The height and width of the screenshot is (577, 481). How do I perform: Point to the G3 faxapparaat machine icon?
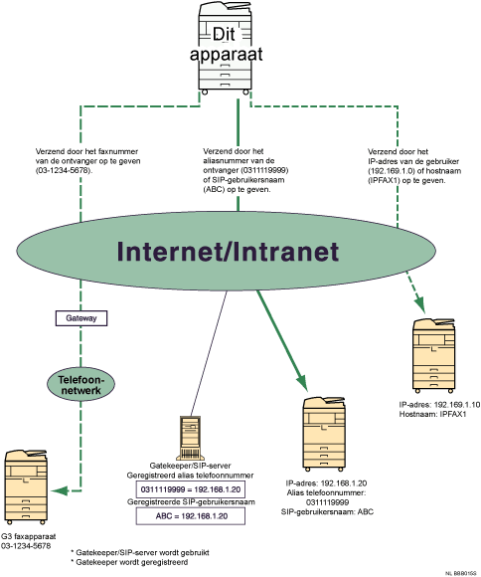[31, 481]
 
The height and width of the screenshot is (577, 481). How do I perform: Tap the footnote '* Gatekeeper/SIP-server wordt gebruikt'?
[143, 550]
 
